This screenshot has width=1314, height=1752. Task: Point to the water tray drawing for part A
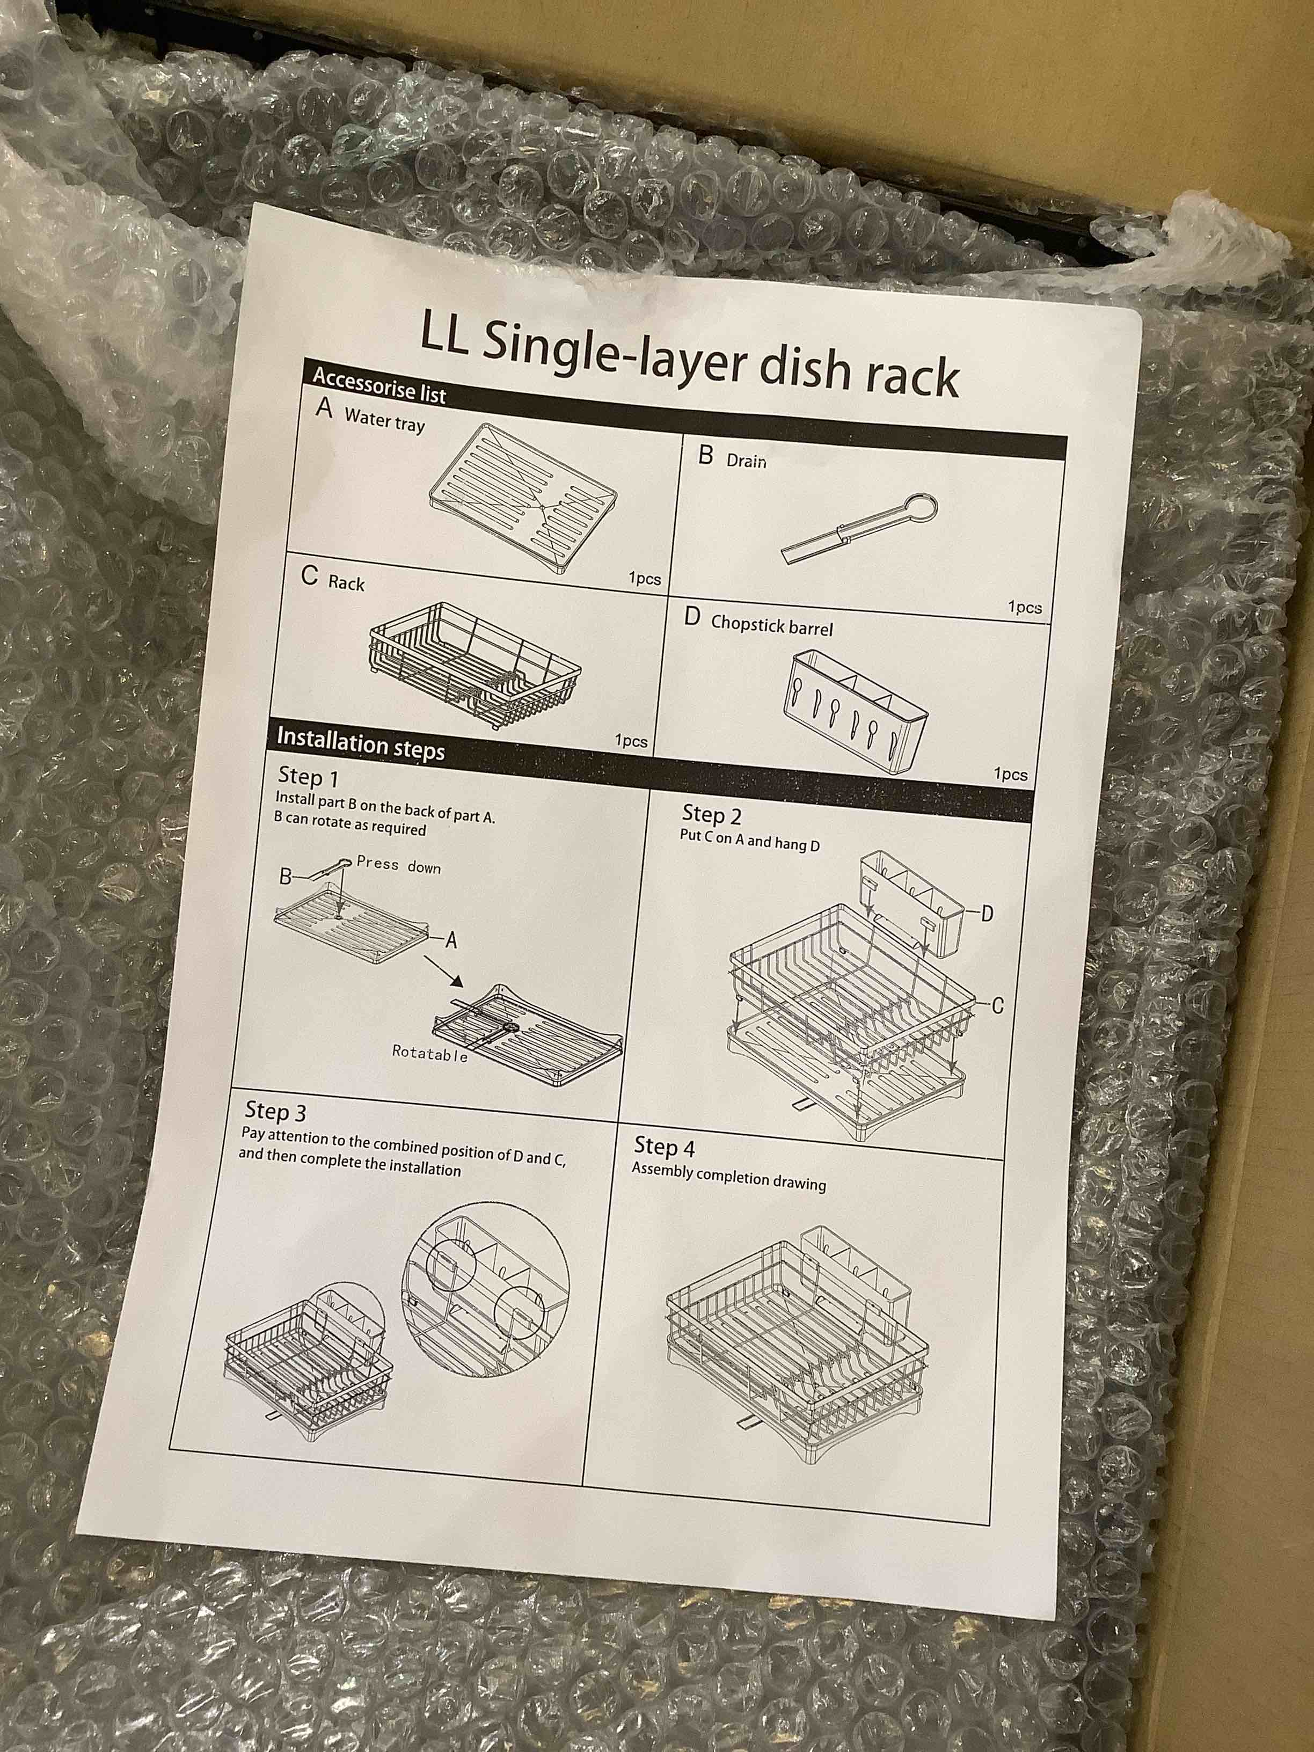pos(523,497)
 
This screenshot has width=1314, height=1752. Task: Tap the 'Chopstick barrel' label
pos(771,625)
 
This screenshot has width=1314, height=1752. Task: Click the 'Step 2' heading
pos(711,815)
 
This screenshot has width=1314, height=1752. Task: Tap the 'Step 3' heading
pos(275,1111)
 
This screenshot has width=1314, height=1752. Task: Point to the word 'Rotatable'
pos(429,1054)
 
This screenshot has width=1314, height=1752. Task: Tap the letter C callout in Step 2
pos(997,1006)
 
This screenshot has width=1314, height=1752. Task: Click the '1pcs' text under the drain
pos(1024,608)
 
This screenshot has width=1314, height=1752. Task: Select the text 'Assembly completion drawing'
pos(729,1177)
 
